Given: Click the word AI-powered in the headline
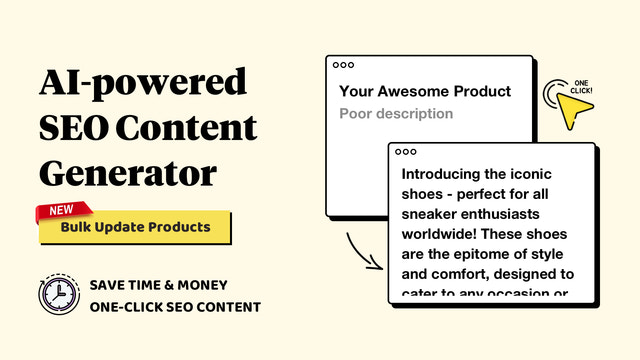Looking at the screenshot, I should tap(141, 82).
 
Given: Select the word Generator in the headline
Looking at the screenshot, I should tap(127, 173).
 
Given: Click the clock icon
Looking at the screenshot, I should tap(58, 294).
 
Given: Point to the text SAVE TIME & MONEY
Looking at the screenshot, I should tap(157, 284).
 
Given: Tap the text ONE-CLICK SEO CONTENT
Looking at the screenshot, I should tap(175, 306).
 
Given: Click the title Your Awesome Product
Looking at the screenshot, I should tap(425, 91).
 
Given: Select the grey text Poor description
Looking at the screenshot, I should tap(396, 113).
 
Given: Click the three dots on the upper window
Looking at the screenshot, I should tap(344, 65).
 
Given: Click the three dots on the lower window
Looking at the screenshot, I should tap(405, 152).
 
